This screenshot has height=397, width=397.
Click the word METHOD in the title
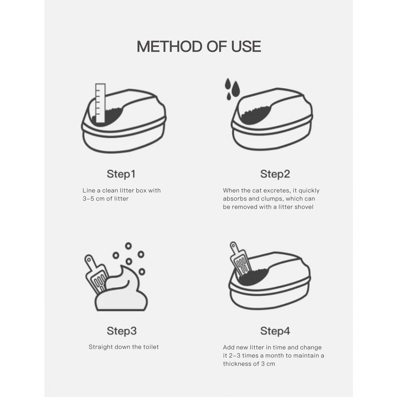pyautogui.click(x=170, y=46)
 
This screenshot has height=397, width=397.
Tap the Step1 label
pyautogui.click(x=121, y=174)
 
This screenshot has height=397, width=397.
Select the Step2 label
pyautogui.click(x=275, y=174)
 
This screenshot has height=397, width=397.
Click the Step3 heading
pyautogui.click(x=121, y=331)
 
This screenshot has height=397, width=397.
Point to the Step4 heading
pyautogui.click(x=275, y=331)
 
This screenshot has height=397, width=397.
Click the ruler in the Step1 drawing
pyautogui.click(x=100, y=103)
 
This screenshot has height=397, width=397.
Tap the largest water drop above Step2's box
pyautogui.click(x=236, y=89)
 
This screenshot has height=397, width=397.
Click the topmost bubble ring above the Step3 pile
pyautogui.click(x=128, y=246)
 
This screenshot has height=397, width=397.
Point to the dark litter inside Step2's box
pyautogui.click(x=256, y=115)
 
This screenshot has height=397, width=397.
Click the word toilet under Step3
pyautogui.click(x=151, y=347)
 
